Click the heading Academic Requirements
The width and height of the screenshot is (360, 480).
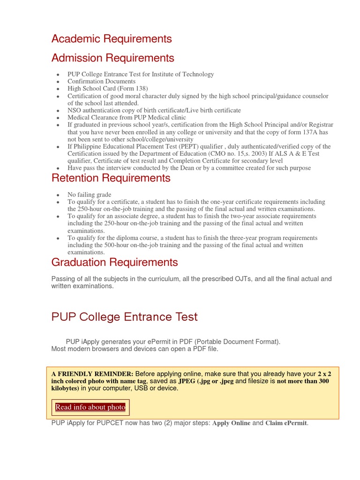click(x=112, y=38)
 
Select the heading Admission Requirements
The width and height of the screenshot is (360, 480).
click(x=112, y=58)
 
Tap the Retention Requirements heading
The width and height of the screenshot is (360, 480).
click(x=111, y=178)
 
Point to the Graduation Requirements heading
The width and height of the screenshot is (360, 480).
click(x=114, y=262)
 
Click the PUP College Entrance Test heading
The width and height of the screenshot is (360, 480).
click(x=124, y=317)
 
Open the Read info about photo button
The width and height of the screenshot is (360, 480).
click(x=90, y=407)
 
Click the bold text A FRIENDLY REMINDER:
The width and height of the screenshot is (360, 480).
click(x=92, y=374)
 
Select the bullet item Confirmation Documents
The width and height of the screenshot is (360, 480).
click(x=101, y=82)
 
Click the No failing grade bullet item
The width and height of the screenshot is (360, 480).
click(x=89, y=195)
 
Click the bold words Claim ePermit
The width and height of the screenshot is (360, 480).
click(x=286, y=423)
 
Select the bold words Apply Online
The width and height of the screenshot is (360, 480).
click(x=232, y=423)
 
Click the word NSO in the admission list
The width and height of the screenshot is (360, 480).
click(x=75, y=111)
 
